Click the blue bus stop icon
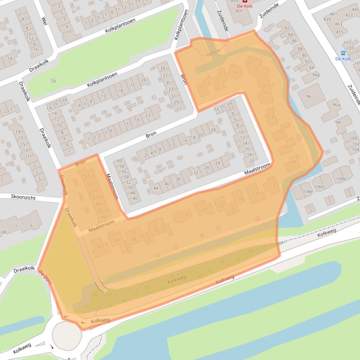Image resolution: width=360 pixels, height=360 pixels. tap(343, 53)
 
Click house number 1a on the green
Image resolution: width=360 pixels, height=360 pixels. tap(53, 81)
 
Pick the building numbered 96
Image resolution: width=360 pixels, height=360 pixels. tap(309, 96)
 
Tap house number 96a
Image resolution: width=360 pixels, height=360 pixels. tap(336, 105)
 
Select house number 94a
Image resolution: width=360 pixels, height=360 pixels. tap(316, 75)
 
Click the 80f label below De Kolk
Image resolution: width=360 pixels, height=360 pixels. tap(239, 11)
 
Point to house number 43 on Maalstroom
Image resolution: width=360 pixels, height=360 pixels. tap(99, 246)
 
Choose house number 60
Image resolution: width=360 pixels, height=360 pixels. tap(119, 161)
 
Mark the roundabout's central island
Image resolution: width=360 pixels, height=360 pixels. tap(66, 335)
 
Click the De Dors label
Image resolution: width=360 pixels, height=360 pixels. tap(46, 274)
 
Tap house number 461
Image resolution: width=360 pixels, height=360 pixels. tap(333, 14)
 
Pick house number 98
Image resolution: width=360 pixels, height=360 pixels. tap(338, 122)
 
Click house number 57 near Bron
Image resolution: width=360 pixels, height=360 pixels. tap(86, 177)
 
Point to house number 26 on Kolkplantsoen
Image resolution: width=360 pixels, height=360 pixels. tap(143, 80)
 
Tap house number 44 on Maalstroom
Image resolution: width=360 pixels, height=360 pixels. tap(155, 188)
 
